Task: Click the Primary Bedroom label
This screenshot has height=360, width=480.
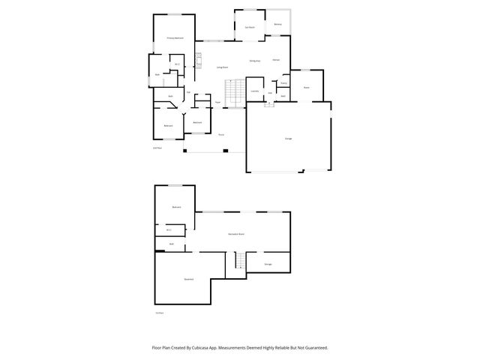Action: pos(175,37)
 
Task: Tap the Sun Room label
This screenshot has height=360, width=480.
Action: pos(250,28)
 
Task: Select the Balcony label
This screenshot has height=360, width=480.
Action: pos(277,24)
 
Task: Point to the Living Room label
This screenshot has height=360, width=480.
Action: pos(223,67)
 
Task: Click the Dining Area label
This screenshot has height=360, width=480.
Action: pos(255,61)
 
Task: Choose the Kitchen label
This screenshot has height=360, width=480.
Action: pos(276,59)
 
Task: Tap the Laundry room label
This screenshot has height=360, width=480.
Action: pos(254,91)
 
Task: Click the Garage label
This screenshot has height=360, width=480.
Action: pos(288,139)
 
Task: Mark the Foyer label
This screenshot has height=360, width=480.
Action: pos(217,102)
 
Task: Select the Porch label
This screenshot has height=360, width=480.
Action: pos(221,134)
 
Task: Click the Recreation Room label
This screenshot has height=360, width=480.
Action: pos(237,235)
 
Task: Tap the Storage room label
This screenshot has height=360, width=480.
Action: pos(268,264)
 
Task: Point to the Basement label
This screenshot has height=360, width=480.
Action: pos(188,279)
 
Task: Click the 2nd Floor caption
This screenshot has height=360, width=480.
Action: pos(157,148)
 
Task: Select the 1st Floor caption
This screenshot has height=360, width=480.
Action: pos(158,313)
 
